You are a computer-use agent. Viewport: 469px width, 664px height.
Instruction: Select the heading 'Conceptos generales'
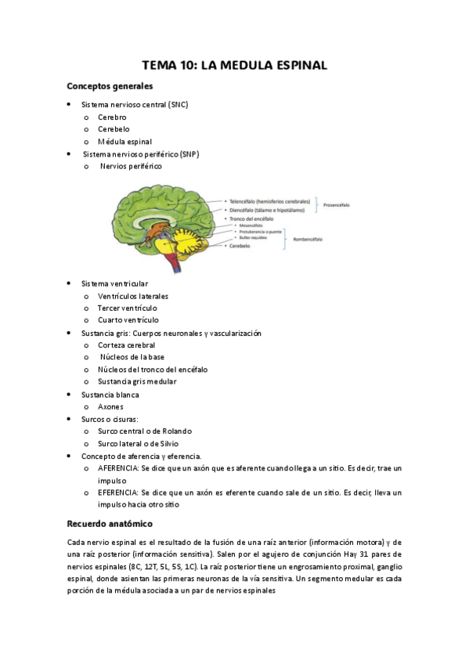tap(109, 86)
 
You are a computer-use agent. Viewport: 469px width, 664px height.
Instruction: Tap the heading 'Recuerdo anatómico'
tap(109, 522)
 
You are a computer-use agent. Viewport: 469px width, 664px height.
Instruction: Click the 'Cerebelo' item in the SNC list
tap(114, 129)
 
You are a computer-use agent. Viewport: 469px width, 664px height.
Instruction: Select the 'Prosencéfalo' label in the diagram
tap(337, 205)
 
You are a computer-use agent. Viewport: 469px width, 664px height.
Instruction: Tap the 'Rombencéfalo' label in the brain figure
tap(308, 237)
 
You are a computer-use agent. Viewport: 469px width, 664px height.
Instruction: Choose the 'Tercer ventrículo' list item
tap(128, 309)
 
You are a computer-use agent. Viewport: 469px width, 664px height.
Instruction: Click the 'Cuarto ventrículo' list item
tap(128, 320)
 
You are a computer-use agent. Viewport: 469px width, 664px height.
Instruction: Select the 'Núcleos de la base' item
tap(132, 357)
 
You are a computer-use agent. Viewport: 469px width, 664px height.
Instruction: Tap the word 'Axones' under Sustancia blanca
tap(110, 406)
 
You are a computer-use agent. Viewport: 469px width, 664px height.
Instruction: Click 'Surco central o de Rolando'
tap(145, 431)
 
